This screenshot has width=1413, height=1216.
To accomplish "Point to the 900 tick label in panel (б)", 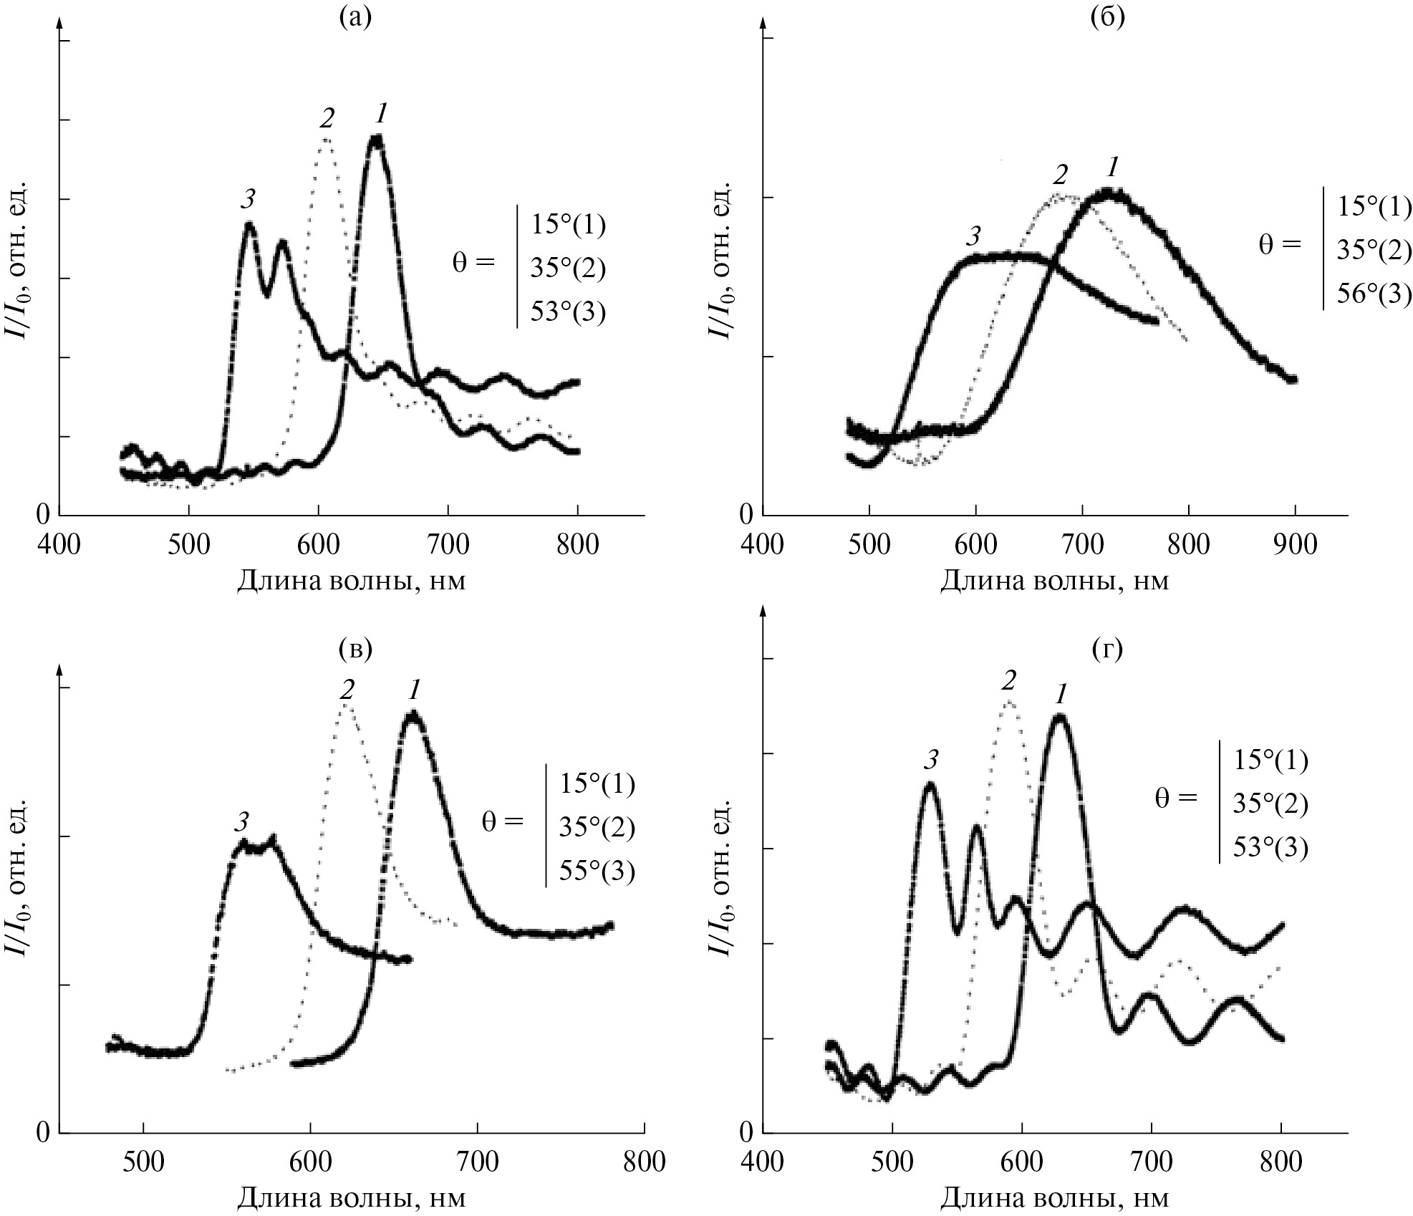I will [x=1295, y=544].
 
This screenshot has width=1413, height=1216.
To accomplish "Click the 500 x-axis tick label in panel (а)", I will [x=188, y=544].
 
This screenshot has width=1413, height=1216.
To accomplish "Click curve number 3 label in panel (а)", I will [x=248, y=200].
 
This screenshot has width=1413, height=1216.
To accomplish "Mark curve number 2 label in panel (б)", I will [x=1060, y=174].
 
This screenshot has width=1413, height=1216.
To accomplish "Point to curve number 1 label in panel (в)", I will [x=414, y=690].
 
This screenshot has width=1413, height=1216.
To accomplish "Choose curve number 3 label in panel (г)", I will [x=930, y=759].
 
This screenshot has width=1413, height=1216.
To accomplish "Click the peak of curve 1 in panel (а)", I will [x=377, y=139].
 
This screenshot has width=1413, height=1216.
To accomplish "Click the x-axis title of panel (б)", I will [x=1053, y=579].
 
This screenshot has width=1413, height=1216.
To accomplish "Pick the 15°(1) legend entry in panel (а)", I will [x=568, y=225].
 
